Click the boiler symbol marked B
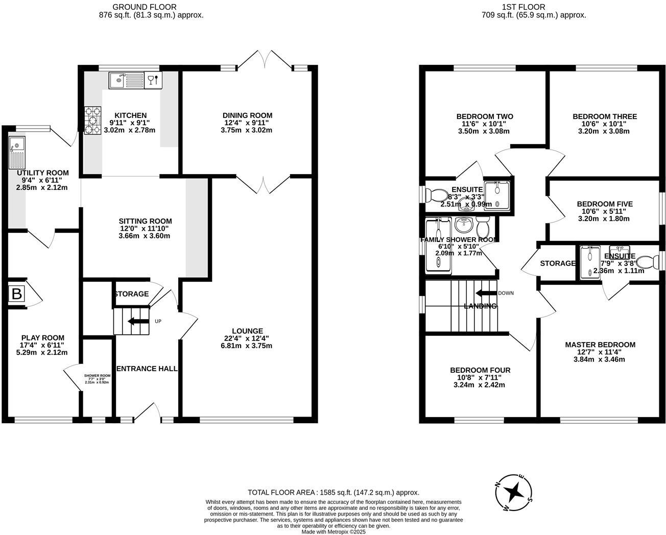click(x=17, y=294)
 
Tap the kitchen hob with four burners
click(x=93, y=120)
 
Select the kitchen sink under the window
click(x=126, y=80)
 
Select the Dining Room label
click(x=247, y=115)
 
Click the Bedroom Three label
click(x=605, y=116)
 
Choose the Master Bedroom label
click(x=600, y=345)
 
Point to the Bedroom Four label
click(x=480, y=370)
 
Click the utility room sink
click(x=17, y=153)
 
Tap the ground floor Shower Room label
click(x=97, y=375)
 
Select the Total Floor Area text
click(x=333, y=493)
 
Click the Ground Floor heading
click(x=145, y=7)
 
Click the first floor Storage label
click(x=557, y=263)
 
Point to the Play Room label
click(x=42, y=337)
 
